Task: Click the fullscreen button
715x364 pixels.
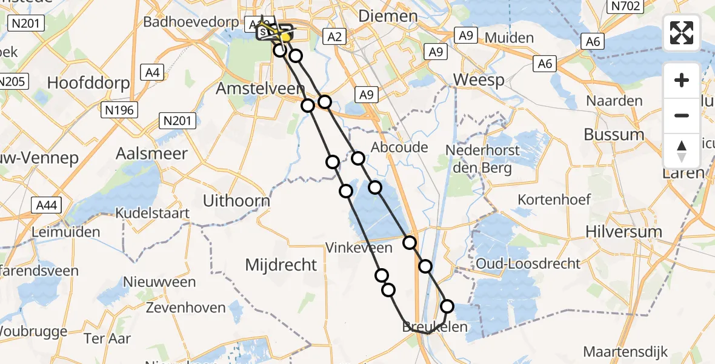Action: click(682, 32)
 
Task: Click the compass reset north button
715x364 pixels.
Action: click(682, 151)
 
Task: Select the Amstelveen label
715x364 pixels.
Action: click(261, 89)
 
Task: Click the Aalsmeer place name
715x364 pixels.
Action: click(153, 153)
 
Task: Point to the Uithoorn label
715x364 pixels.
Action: click(237, 200)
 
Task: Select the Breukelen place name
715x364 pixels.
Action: click(435, 328)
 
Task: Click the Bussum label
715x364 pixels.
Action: click(615, 134)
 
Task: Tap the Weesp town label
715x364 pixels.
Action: click(479, 80)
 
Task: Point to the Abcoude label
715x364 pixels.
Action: click(399, 147)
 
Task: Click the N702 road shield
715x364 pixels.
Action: click(625, 6)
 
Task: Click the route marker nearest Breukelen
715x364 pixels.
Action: click(447, 306)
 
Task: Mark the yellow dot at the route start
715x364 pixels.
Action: click(285, 37)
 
